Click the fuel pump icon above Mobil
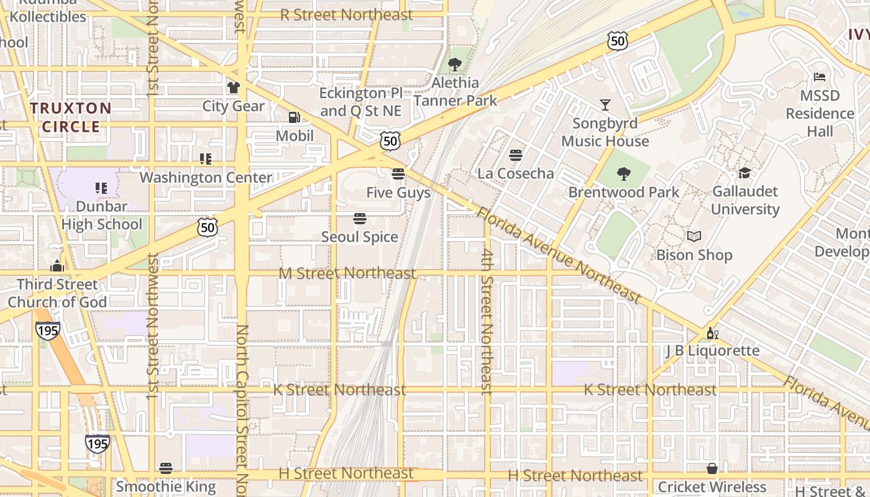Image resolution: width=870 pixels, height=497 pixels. coord(294,117)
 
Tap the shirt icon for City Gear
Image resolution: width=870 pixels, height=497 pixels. coord(234,88)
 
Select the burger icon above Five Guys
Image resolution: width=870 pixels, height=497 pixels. coord(398,174)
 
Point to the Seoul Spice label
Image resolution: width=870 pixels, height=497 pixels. coord(360,237)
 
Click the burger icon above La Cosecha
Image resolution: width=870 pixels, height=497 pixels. coord(516,155)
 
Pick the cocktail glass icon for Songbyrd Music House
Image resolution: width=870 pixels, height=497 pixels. coord(605,105)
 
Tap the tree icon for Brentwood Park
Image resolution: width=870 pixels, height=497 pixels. coord(624,174)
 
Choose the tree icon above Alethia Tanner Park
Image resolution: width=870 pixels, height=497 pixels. coord(455,64)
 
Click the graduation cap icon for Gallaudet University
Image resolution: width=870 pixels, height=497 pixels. coord(744,173)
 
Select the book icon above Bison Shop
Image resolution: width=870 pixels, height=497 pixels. coord(694,237)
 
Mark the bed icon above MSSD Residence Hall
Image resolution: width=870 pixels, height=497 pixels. coord(820,78)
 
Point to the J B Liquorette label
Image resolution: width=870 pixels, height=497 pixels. coord(713,350)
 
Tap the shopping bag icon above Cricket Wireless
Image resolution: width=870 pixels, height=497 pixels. coord(712,468)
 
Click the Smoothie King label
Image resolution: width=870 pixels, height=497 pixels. coord(166,486)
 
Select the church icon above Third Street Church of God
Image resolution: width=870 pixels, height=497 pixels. coord(57,266)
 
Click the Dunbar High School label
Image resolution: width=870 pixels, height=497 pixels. coord(102,215)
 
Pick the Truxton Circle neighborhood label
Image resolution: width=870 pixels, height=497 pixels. coord(71,117)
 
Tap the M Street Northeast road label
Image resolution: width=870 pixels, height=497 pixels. coord(347,273)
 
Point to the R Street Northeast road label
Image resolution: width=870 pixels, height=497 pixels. coord(346,15)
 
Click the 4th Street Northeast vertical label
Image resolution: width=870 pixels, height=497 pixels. coord(486,321)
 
